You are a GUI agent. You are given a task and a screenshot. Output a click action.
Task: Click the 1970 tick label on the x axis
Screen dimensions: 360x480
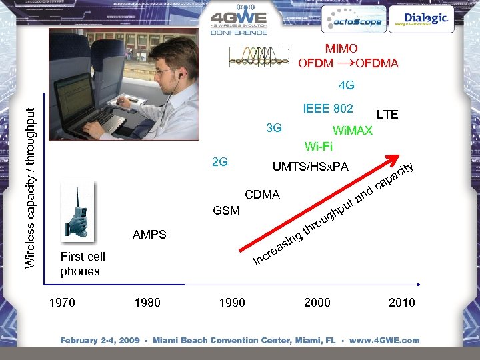click(x=62, y=303)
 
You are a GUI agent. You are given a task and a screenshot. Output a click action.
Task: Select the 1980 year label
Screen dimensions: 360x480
click(x=147, y=303)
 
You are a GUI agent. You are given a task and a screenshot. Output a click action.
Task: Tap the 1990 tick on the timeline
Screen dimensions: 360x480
click(x=231, y=303)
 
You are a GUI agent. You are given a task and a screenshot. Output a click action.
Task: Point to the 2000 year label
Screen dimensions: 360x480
click(x=317, y=303)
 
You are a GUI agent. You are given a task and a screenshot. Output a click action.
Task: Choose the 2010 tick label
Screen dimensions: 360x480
click(x=401, y=303)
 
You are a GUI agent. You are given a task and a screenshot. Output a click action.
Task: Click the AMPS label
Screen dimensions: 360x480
click(x=149, y=235)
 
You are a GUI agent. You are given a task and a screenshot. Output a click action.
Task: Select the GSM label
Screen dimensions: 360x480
click(x=226, y=211)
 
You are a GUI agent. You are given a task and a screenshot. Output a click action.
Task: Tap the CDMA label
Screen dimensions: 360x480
click(x=263, y=195)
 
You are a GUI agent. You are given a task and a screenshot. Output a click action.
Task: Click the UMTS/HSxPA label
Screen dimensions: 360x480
click(x=310, y=166)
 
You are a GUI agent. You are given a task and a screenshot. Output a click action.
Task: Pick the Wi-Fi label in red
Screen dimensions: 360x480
click(x=318, y=146)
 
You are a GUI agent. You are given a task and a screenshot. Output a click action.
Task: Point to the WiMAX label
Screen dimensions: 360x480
click(x=352, y=131)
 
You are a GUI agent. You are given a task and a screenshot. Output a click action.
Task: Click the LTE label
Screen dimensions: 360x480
click(x=387, y=115)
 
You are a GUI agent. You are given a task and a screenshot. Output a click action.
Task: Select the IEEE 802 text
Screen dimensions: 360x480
click(x=328, y=108)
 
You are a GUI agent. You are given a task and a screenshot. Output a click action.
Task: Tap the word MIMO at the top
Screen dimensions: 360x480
click(x=341, y=49)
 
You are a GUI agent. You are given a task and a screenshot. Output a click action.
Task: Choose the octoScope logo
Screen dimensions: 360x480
click(x=352, y=21)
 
